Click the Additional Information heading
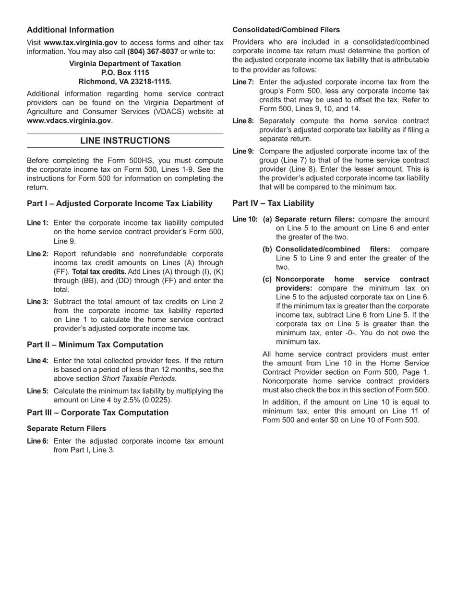pos(70,30)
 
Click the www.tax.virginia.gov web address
pos(80,43)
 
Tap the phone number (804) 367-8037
pos(153,51)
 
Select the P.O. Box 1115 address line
pos(125,72)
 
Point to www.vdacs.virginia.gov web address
pos(69,120)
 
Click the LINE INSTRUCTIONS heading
pos(125,141)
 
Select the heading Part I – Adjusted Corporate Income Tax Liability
pos(120,203)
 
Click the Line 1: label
pos(37,223)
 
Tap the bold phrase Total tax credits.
pos(99,271)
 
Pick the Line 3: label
pos(37,302)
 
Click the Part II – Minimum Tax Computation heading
pos(95,344)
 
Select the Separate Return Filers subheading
pos(66,428)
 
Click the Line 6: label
pos(37,441)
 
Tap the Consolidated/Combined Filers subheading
pos(286,30)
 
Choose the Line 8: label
pos(243,121)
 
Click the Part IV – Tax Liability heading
pos(273,203)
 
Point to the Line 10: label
pos(245,219)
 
